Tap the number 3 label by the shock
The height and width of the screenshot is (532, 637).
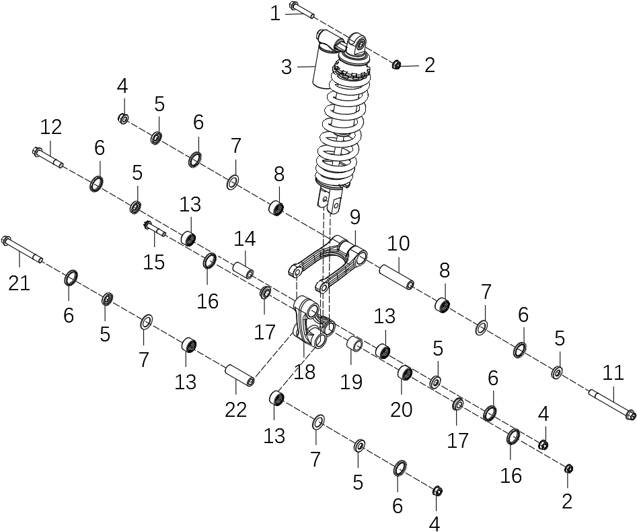click(x=287, y=67)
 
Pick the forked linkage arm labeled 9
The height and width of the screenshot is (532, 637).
click(x=328, y=259)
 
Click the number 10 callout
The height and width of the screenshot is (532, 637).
click(x=398, y=244)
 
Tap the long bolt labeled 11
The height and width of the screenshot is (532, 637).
click(x=612, y=404)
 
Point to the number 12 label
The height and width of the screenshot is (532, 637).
click(x=50, y=127)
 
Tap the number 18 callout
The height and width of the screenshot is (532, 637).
click(x=304, y=372)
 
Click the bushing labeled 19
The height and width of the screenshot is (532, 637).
click(x=354, y=345)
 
